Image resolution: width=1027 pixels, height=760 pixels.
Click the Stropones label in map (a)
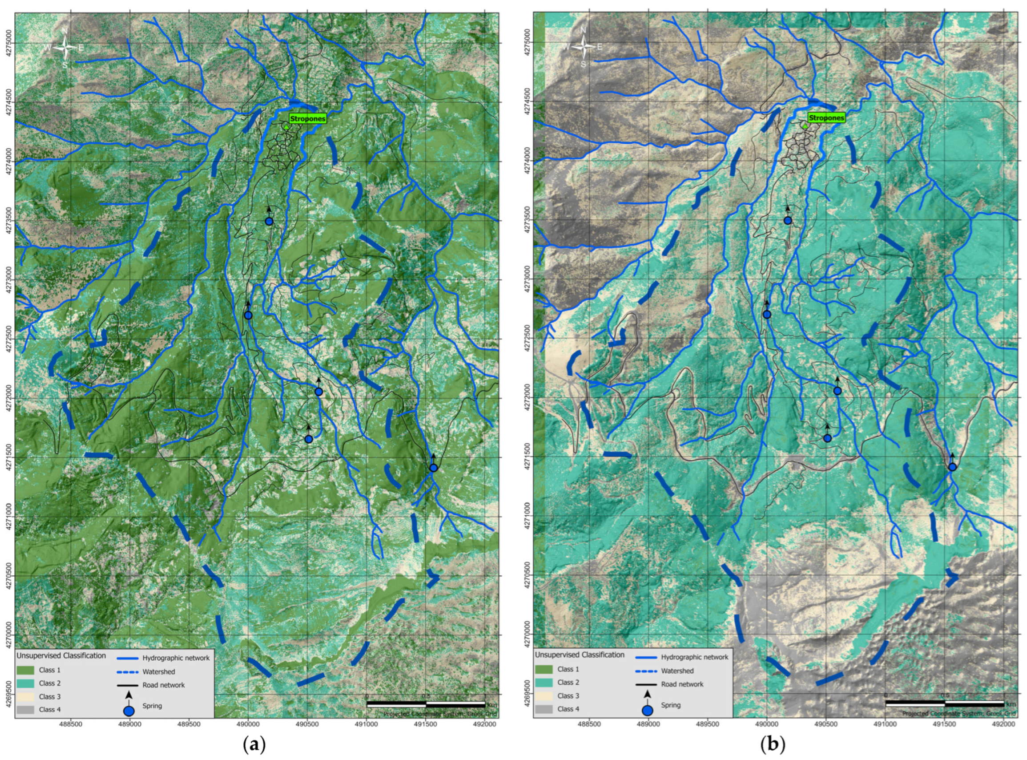pos(307,119)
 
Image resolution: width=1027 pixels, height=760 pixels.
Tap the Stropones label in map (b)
pos(826,118)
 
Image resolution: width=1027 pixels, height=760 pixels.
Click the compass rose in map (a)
pos(65,47)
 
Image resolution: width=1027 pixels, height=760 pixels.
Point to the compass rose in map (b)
pos(584,46)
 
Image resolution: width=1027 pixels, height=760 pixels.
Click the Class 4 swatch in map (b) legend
pos(544,709)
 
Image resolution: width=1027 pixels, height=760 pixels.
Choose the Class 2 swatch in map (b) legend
pos(544,683)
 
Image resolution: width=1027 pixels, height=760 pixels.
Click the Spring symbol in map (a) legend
pos(129,711)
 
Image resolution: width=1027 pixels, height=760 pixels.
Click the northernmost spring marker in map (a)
pos(269,221)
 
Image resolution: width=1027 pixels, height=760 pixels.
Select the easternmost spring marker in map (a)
pos(433,468)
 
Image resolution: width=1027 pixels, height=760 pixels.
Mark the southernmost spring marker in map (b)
pos(952,467)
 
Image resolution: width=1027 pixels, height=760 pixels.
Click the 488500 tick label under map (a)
pos(70,724)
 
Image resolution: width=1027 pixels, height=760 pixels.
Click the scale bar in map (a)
pos(425,704)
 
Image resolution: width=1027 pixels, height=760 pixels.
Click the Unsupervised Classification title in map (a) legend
pos(61,655)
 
